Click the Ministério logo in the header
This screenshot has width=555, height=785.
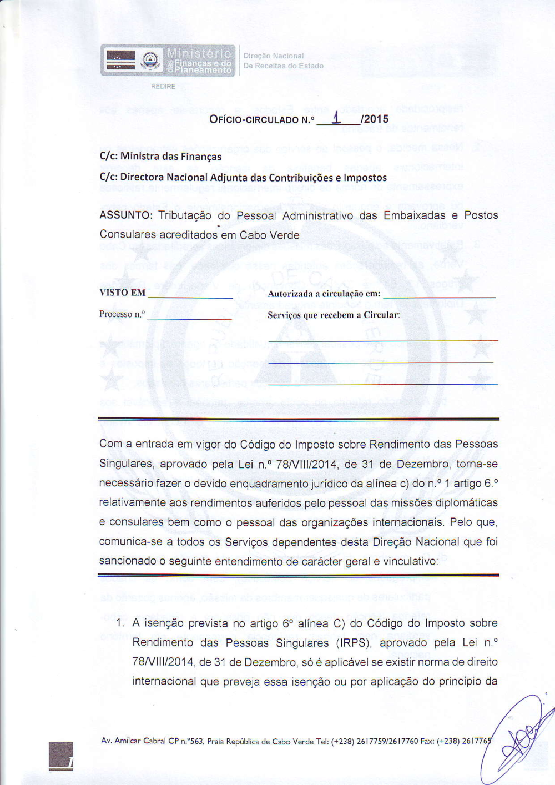pos(168,60)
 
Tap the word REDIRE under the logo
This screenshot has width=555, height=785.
pos(163,87)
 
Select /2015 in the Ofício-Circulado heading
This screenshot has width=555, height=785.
pos(374,119)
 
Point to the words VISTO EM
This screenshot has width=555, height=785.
pos(123,293)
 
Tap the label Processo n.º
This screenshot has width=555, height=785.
pos(122,314)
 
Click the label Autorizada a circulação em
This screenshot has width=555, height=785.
pos(324,294)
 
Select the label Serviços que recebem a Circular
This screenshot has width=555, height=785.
pos(334,315)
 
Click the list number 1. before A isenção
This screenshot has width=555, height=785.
pos(120,623)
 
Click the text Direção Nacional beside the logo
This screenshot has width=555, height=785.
pos(274,56)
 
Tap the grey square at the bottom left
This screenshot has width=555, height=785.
pos(60,756)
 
